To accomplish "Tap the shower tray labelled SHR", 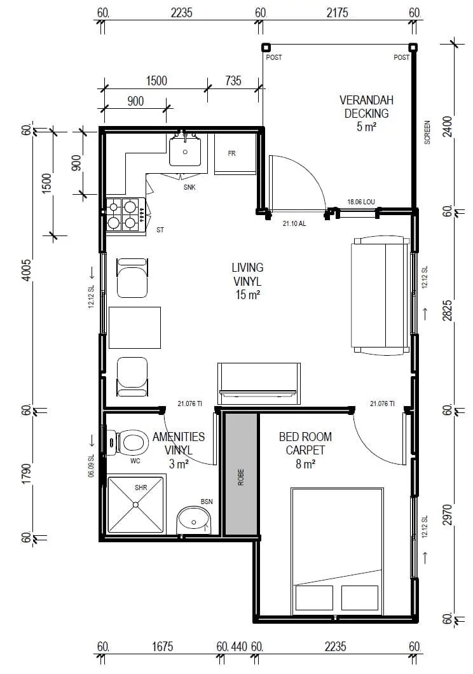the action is tap(136, 504).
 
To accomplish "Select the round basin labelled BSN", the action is tap(195, 520).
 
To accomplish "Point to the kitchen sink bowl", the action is tap(185, 150).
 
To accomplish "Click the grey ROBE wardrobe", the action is tap(241, 474).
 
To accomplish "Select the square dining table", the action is tap(135, 328).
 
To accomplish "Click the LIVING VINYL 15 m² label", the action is tap(248, 281).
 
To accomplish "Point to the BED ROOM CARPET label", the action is tap(305, 444).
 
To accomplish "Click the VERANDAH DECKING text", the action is tap(367, 106).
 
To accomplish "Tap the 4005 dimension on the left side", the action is tap(27, 270).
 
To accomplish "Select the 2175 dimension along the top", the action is tap(337, 13).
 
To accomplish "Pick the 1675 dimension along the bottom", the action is tap(162, 647).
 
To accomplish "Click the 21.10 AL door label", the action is tap(294, 223).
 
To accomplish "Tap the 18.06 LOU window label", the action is tap(361, 202).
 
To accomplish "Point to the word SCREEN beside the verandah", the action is tap(427, 132).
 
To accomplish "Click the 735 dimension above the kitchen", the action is tap(233, 81).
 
